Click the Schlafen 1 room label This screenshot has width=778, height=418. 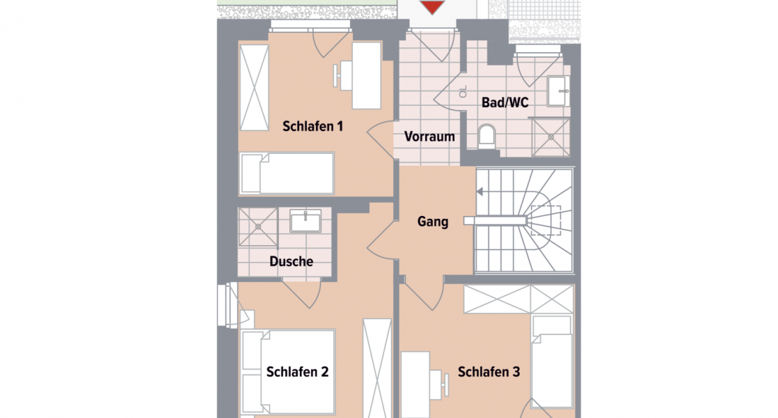coord(313,127)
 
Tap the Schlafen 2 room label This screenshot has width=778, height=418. coord(297,372)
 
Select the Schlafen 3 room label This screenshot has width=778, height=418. coord(489,372)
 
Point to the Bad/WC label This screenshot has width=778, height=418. coord(505,103)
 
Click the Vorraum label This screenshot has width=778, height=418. coord(429,137)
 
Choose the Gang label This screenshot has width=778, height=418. coord(433,222)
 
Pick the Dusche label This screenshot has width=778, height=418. coord(291,262)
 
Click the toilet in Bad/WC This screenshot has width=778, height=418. coord(486,134)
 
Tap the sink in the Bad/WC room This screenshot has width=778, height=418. coord(558,89)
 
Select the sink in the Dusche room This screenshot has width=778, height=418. coord(305,221)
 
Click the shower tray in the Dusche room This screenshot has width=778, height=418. coord(258,226)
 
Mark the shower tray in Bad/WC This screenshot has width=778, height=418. coord(550,137)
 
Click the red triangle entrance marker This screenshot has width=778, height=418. coord(433,7)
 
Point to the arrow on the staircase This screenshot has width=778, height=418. coord(480,191)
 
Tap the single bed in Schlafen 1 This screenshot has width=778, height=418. coord(287,173)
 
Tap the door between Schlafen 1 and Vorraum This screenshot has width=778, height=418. coord(382,140)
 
